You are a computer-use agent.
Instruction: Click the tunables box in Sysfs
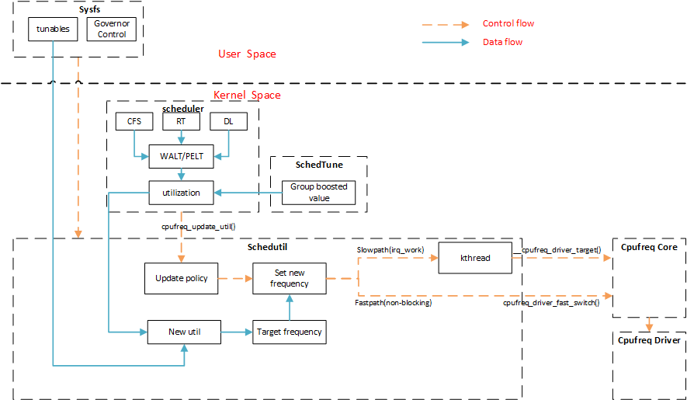click(53, 30)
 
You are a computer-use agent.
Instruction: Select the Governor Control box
click(112, 30)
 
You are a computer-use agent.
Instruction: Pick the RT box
click(181, 121)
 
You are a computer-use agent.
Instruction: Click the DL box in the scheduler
click(228, 121)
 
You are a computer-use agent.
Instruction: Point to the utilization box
click(181, 192)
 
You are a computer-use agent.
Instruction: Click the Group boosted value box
click(319, 192)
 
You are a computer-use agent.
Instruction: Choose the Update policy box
click(182, 278)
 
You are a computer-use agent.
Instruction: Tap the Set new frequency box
click(289, 278)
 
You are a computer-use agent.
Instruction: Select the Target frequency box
click(289, 332)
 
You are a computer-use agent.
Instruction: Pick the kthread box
click(475, 258)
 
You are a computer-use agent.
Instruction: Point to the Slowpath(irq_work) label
click(389, 249)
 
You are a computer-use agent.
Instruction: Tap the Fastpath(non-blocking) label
click(394, 302)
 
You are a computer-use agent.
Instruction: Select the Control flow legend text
click(508, 24)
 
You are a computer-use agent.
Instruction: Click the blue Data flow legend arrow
click(446, 43)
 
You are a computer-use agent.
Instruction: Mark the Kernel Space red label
click(247, 95)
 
